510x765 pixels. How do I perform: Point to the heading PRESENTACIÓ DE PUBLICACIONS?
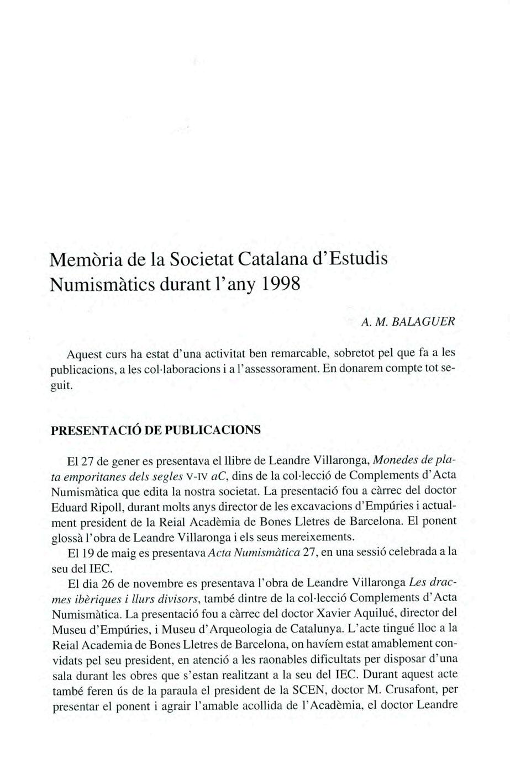tap(155, 431)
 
